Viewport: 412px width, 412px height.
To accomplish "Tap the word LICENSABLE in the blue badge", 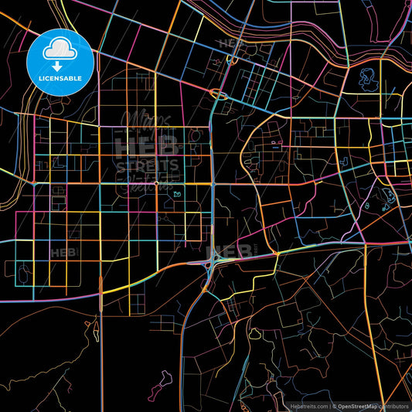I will click(59, 78).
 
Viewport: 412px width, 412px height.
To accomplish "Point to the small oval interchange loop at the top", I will click(220, 96).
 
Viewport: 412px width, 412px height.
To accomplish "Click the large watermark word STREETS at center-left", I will click(147, 165).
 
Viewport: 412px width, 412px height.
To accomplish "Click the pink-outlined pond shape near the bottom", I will click(164, 381).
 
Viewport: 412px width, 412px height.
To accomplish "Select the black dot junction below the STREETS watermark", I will click(156, 184).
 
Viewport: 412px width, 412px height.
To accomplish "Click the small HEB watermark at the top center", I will click(230, 44).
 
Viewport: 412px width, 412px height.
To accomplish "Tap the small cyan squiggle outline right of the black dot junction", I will click(177, 193).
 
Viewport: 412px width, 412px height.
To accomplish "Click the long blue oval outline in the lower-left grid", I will click(20, 271).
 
